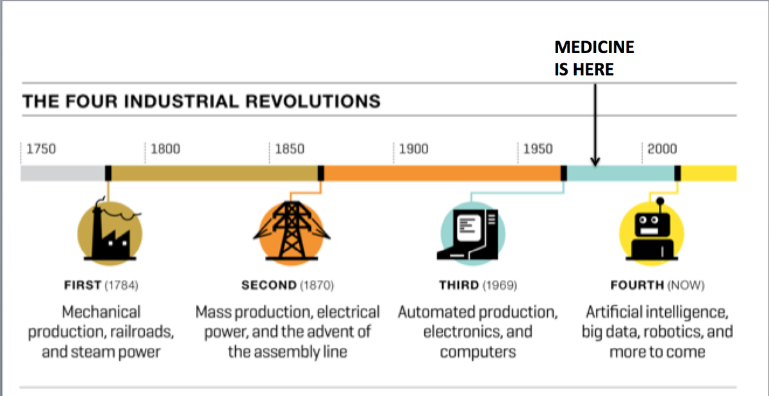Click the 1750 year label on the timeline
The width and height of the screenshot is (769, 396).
pos(42,149)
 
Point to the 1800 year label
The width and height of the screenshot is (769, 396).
pos(166,149)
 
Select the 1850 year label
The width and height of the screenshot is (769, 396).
pos(290,149)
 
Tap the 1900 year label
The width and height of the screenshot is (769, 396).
pos(414,149)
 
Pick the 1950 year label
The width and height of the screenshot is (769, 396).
pos(538,149)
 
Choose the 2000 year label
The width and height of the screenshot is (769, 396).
pos(662,149)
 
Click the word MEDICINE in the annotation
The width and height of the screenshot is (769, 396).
pos(594,47)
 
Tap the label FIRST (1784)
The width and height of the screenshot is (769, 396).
pos(101,285)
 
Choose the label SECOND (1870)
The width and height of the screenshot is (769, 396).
pos(288,285)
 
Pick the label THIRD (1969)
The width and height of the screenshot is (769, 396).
pos(478,285)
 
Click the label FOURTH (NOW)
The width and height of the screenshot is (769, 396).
pos(657,285)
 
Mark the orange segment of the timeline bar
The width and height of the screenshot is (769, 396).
pos(442,173)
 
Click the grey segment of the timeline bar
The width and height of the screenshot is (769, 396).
pos(62,173)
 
